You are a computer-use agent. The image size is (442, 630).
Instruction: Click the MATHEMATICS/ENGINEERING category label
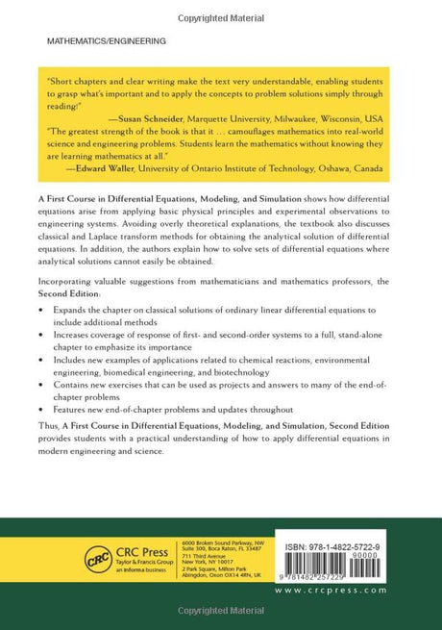(106, 41)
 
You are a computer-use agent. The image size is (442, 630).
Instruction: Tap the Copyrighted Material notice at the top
(220, 7)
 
